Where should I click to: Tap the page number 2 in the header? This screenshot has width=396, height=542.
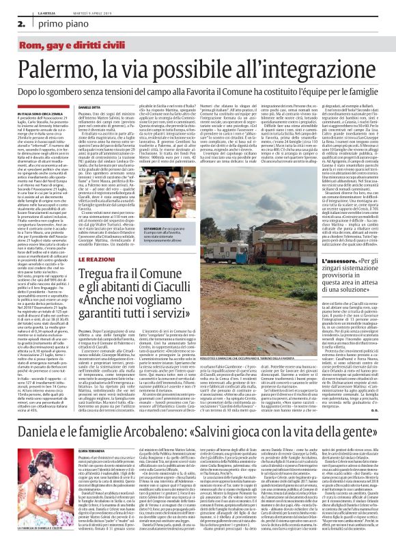pos(13,23)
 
